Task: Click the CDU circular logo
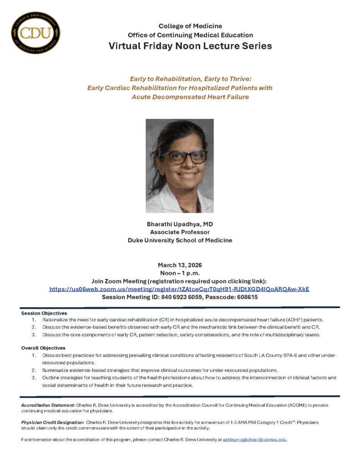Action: (x=36, y=33)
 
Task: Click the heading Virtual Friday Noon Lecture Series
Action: (x=190, y=46)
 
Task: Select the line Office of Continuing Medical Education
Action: (x=190, y=35)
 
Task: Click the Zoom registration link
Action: (x=179, y=289)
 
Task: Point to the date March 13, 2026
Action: (x=180, y=265)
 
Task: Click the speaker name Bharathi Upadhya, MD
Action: (x=180, y=224)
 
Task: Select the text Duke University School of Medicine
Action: (x=180, y=240)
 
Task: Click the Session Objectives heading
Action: (x=44, y=313)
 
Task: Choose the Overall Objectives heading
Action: (x=43, y=348)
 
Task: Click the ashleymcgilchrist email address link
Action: (x=254, y=440)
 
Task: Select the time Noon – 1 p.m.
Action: (x=180, y=273)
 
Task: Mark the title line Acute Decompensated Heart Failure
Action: (x=190, y=97)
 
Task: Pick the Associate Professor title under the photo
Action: (x=180, y=232)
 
